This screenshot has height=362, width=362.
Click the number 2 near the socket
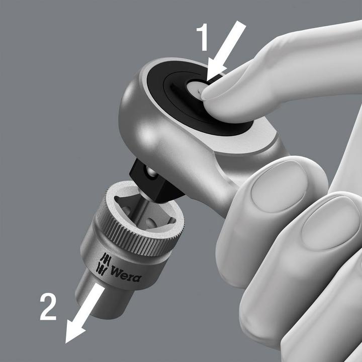(x=48, y=307)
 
